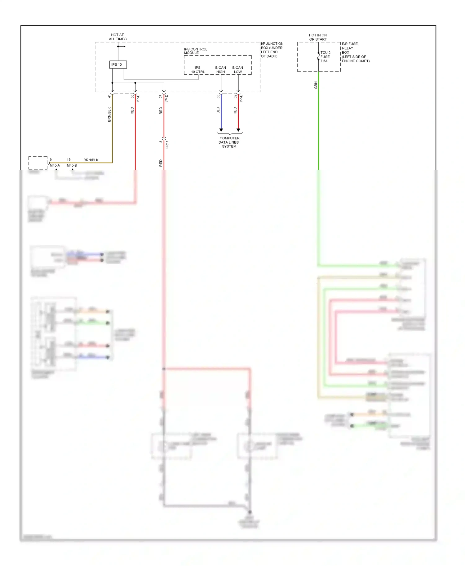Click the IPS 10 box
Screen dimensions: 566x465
click(x=118, y=64)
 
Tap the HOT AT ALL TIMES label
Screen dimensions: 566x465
click(x=117, y=37)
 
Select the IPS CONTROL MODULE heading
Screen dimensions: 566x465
click(x=195, y=51)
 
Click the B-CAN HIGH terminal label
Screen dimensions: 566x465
click(x=220, y=70)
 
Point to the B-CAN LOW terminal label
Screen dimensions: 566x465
click(x=238, y=70)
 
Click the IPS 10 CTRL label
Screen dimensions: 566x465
click(x=198, y=70)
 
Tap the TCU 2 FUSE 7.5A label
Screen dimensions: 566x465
click(x=325, y=57)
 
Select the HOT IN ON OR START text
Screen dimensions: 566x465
click(x=318, y=37)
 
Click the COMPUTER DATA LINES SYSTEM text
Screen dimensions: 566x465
click(x=229, y=142)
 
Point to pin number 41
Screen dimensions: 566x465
click(x=109, y=96)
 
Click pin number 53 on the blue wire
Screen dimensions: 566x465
click(x=218, y=96)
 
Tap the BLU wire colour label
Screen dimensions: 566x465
click(x=218, y=110)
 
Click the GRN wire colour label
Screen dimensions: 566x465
click(x=316, y=85)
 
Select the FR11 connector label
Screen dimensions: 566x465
click(x=167, y=144)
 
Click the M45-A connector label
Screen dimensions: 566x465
click(x=55, y=165)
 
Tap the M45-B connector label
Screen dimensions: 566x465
click(x=72, y=165)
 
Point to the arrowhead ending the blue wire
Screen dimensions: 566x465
click(x=221, y=130)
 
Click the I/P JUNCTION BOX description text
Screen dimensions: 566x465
click(x=272, y=50)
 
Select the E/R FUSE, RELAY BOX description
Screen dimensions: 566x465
click(x=355, y=52)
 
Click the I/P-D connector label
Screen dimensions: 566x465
click(x=167, y=98)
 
